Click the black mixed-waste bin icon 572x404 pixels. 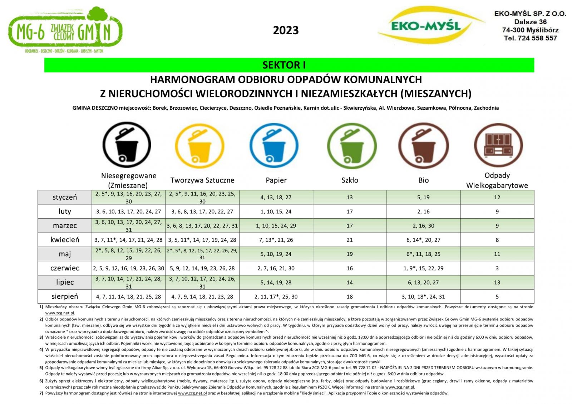click(x=127, y=145)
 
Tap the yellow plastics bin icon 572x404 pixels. click(x=200, y=145)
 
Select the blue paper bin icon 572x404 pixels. click(x=274, y=145)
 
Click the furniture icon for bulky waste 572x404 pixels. click(x=498, y=145)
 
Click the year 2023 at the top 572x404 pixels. click(x=286, y=30)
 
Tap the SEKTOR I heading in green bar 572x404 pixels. click(x=284, y=65)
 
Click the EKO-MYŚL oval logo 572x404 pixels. click(x=425, y=25)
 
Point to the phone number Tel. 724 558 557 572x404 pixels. click(x=530, y=38)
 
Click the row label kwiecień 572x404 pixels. click(x=65, y=240)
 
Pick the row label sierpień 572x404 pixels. click(x=65, y=296)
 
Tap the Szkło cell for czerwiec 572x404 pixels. click(x=350, y=268)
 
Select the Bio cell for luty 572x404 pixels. click(x=423, y=211)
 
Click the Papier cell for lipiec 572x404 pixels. click(x=276, y=282)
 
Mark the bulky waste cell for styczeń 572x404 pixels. click(x=497, y=197)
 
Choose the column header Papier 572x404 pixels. click(x=276, y=180)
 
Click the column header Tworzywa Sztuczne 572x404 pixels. click(x=202, y=180)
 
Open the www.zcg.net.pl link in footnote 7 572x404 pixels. click(x=192, y=393)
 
